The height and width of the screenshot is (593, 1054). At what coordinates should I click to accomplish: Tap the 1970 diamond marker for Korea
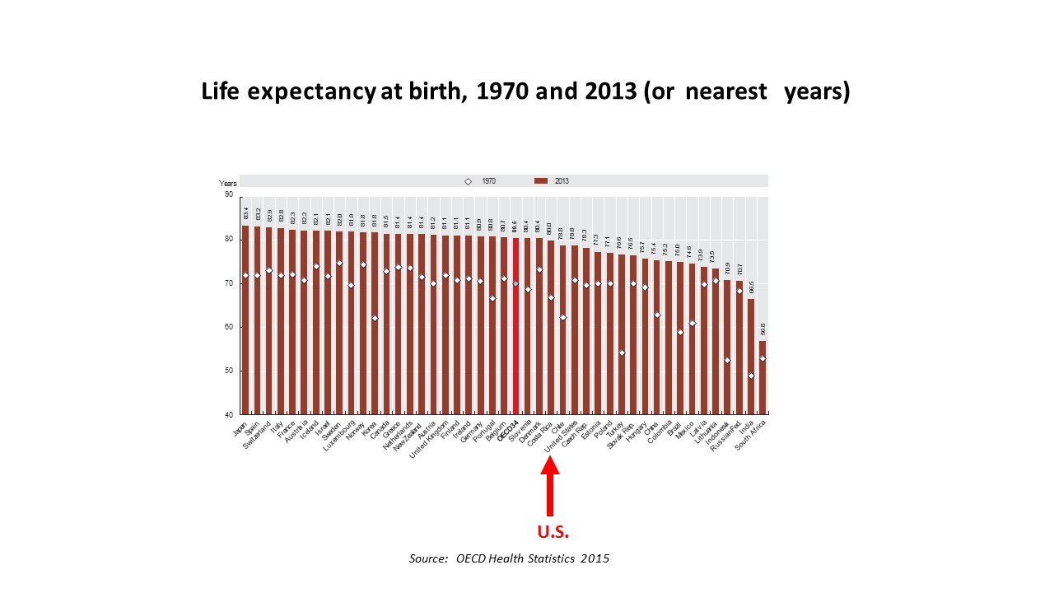coord(375,319)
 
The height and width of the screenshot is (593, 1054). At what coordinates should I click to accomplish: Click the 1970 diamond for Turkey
coord(622,353)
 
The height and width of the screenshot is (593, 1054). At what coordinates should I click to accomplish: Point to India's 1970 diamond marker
coord(751,376)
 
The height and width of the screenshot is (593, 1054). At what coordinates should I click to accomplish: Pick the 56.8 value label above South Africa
coord(763,330)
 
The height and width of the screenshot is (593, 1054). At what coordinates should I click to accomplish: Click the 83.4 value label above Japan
coord(245,214)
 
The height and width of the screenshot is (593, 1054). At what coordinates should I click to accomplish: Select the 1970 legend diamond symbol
coord(468,181)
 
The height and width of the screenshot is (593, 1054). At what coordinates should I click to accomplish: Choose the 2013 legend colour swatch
coord(541,181)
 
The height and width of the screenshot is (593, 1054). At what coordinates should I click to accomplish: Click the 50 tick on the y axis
coord(228,371)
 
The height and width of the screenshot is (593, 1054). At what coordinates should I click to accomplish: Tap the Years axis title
coord(227,183)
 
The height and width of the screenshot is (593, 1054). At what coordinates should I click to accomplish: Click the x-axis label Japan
coord(240,427)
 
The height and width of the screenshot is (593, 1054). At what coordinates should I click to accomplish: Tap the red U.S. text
coord(553,531)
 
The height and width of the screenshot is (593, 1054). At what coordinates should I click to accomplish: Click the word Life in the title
coord(222,91)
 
